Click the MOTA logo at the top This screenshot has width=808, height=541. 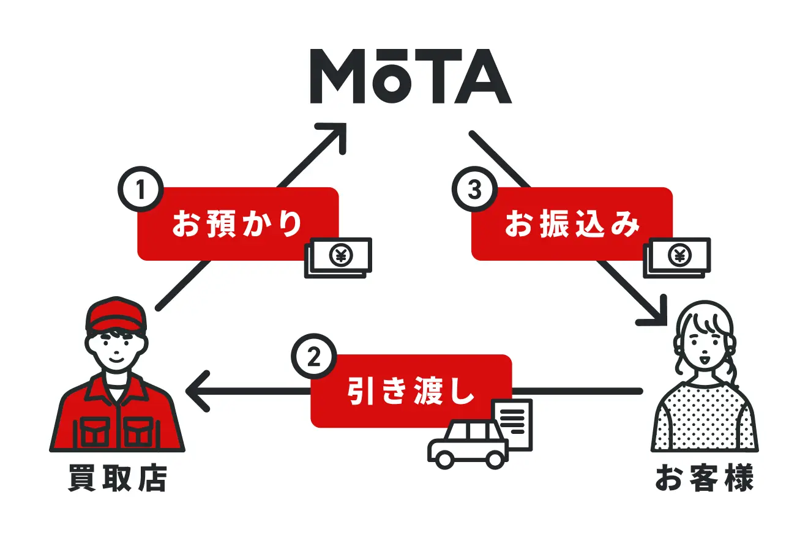411,76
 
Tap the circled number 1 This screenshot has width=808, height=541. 140,189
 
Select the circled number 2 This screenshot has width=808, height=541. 313,356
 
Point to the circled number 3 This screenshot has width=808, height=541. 474,189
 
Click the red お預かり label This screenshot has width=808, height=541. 238,223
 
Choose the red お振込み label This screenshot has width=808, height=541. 572,223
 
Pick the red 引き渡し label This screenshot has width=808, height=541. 411,391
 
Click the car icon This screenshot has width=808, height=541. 468,444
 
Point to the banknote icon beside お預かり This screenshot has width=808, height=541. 339,258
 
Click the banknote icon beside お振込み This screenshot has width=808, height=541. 677,258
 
